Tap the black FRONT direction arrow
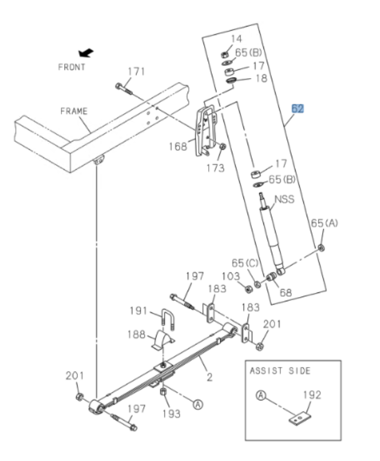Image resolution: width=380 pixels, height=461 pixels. [86, 53]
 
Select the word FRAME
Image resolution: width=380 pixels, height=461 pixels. [74, 111]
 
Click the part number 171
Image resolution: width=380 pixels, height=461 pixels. [136, 72]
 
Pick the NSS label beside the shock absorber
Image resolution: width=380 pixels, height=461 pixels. [284, 199]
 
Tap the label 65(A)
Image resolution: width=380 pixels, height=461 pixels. [324, 223]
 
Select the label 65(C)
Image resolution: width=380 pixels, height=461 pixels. [245, 262]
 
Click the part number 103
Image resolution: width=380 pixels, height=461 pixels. [231, 276]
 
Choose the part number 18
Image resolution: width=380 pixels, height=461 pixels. [261, 78]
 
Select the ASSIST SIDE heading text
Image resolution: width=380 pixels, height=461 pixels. [280, 371]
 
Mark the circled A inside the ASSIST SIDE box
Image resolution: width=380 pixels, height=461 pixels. [261, 395]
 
